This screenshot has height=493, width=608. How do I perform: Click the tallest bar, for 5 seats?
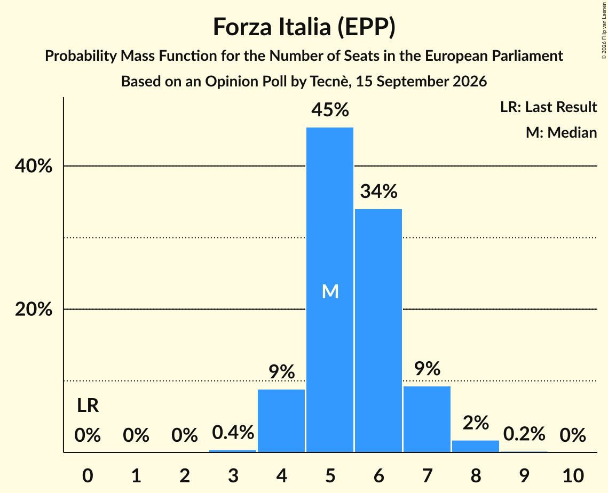[x=330, y=290]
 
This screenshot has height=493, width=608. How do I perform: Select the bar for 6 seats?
[x=378, y=331]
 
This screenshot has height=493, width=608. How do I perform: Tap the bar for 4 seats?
[x=281, y=421]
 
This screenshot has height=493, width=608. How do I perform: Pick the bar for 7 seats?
[x=427, y=419]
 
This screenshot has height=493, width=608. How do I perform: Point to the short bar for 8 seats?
[x=476, y=447]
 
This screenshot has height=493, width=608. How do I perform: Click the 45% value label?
[x=330, y=110]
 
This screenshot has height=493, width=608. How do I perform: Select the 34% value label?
[x=379, y=191]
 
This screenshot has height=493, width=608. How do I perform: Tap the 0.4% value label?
[x=233, y=432]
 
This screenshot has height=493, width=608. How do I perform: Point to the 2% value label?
[x=476, y=423]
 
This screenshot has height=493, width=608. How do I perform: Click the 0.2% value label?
[x=524, y=434]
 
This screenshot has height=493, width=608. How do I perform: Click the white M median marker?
[x=330, y=291]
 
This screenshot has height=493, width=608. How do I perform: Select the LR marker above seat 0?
[x=88, y=405]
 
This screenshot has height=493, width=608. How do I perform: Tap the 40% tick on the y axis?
[x=33, y=166]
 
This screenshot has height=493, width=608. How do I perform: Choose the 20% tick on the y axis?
[x=33, y=309]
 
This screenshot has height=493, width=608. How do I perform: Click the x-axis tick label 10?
[x=573, y=475]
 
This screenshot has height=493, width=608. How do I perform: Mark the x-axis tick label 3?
[x=233, y=475]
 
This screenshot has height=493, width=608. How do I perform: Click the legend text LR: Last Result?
[x=549, y=107]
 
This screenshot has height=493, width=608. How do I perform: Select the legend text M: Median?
[x=562, y=132]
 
